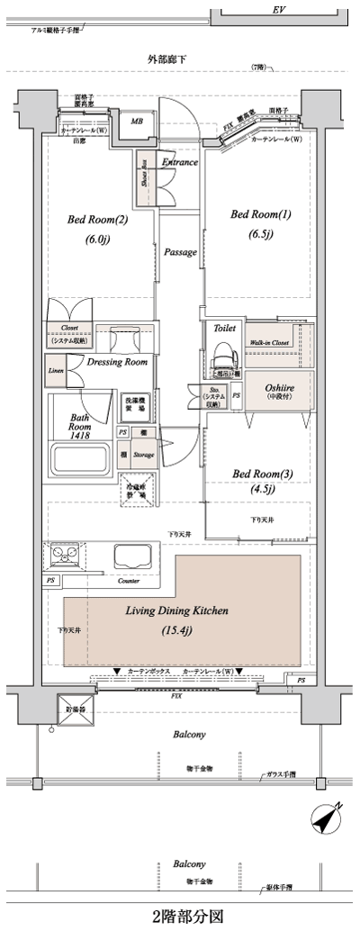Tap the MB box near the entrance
pyautogui.click(x=138, y=121)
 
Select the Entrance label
pyautogui.click(x=180, y=162)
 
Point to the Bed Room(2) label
pyautogui.click(x=97, y=220)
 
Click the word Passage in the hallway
pyautogui.click(x=180, y=253)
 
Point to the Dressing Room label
pyautogui.click(x=117, y=363)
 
